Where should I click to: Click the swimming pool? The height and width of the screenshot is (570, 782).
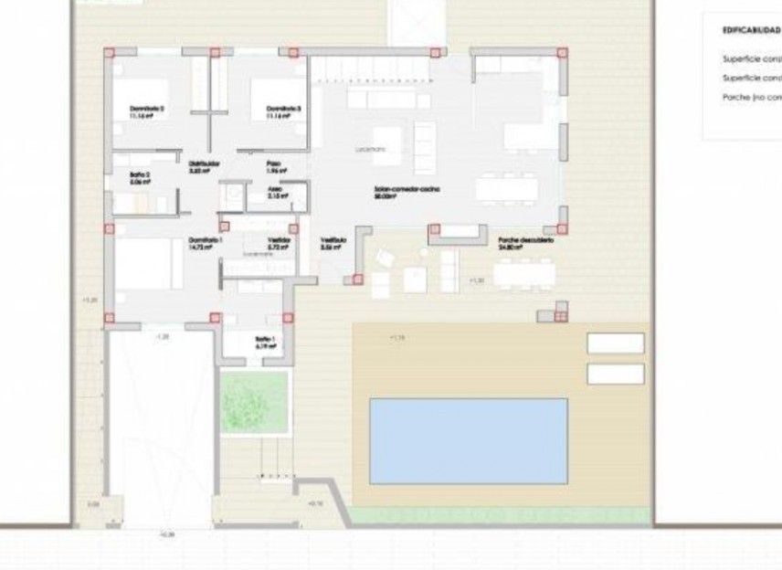[x=468, y=440]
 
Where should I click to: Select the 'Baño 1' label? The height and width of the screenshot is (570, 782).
[x=266, y=341]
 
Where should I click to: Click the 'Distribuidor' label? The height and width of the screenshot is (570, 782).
[x=200, y=166]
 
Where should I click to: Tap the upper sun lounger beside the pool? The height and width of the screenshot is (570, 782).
[x=616, y=343]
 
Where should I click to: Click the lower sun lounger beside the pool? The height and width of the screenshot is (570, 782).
[x=616, y=374]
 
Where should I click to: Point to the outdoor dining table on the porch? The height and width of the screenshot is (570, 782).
[x=523, y=272]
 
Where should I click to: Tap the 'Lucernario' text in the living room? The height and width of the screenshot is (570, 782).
[x=370, y=148]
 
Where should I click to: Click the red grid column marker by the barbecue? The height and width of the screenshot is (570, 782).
[x=559, y=316]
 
